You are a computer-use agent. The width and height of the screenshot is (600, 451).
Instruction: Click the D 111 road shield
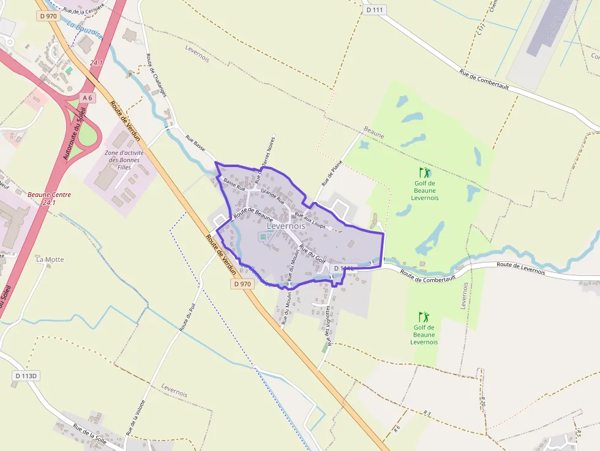click(376, 10)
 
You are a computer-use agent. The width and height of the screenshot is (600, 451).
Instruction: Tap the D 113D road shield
click(26, 375)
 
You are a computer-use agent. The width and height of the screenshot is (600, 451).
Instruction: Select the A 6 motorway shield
click(88, 98)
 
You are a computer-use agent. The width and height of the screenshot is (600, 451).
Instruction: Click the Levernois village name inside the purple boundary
click(286, 226)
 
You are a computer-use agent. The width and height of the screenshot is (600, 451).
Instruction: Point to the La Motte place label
click(50, 259)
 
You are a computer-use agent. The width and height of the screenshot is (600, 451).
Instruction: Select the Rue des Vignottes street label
click(328, 326)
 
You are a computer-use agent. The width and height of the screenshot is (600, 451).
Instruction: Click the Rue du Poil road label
click(187, 317)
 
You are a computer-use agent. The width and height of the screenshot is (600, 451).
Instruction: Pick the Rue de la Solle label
click(90, 433)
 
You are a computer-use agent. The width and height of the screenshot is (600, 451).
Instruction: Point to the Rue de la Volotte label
click(135, 417)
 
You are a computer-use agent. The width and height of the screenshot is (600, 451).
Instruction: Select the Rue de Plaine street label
click(331, 173)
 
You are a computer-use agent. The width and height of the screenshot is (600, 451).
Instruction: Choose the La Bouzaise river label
click(84, 31)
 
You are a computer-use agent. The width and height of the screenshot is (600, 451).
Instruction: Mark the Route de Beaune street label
click(253, 214)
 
